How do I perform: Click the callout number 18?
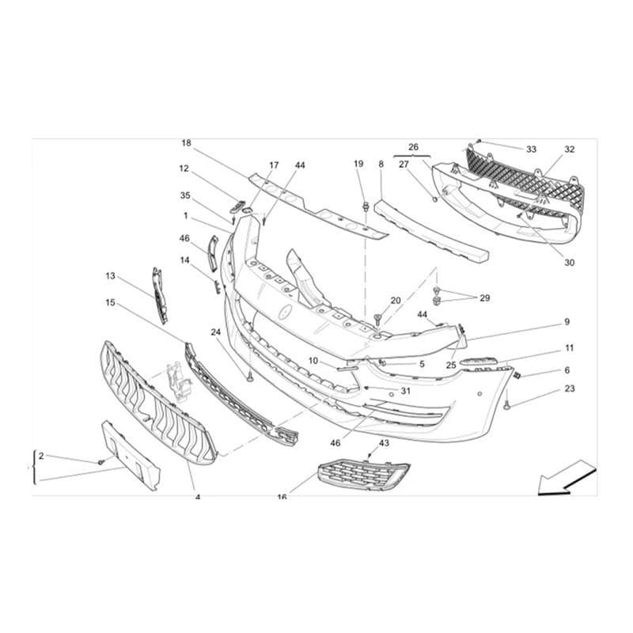pos(186,143)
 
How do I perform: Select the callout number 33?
pos(531,150)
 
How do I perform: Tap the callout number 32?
pos(569,149)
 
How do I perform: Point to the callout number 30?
pos(569,263)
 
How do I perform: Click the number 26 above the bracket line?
pos(413,147)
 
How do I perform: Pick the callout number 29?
pos(485,298)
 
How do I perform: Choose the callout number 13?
pos(110,275)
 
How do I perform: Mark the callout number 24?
pos(216,332)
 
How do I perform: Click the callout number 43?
pos(384,443)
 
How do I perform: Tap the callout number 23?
pos(569,389)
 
